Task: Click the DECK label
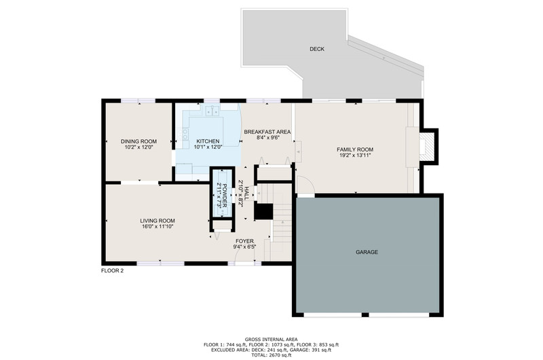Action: click(x=317, y=49)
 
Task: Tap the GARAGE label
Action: click(x=367, y=252)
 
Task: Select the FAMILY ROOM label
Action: click(x=355, y=149)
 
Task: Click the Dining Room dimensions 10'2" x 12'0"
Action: click(x=138, y=147)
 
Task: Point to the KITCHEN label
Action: click(x=208, y=141)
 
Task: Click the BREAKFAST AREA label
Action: click(x=267, y=132)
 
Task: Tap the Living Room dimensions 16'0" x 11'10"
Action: click(x=157, y=227)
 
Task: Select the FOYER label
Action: click(x=244, y=241)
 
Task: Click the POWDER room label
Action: click(x=225, y=194)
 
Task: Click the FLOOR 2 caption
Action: click(x=112, y=271)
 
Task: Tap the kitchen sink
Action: click(x=212, y=111)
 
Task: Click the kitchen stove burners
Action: click(x=185, y=134)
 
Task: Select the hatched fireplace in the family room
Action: click(x=427, y=146)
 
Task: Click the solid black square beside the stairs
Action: click(x=264, y=211)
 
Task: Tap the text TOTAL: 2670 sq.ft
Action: click(x=271, y=355)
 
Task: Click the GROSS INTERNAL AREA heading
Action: click(x=271, y=340)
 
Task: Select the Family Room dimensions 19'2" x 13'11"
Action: click(x=355, y=156)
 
